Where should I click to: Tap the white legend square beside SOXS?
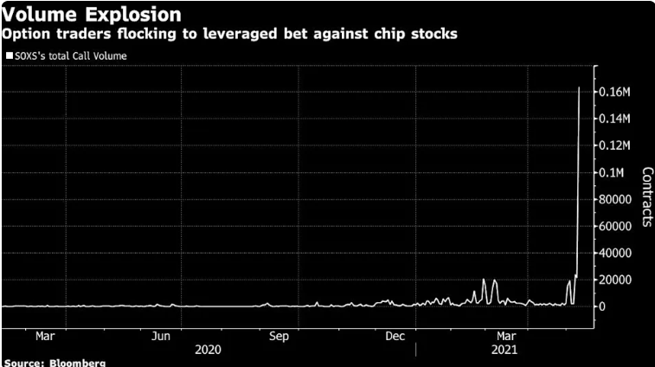click(x=9, y=55)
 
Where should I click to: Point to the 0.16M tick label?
click(x=615, y=91)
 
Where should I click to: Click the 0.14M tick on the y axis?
click(x=615, y=118)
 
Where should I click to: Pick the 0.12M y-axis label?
click(x=615, y=145)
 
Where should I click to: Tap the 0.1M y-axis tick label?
click(x=612, y=172)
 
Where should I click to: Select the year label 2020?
click(x=208, y=349)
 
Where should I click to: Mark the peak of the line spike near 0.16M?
click(x=579, y=87)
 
